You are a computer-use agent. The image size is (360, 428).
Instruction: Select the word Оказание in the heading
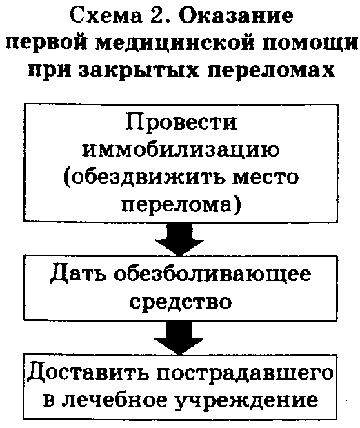[236, 16]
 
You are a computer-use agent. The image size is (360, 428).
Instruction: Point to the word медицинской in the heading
[177, 43]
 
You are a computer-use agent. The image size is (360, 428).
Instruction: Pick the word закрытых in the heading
[139, 70]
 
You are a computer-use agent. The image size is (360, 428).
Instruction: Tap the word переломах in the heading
[270, 71]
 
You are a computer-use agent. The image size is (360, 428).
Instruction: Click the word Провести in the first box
[181, 122]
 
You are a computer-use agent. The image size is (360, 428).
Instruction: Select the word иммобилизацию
[181, 150]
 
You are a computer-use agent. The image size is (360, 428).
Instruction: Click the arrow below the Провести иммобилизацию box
[179, 239]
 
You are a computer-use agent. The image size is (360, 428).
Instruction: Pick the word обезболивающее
[212, 273]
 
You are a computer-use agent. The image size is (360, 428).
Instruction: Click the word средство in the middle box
[181, 302]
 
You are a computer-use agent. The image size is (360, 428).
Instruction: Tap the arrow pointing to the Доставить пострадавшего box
[179, 338]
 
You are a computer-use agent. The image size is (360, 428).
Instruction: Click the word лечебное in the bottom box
[115, 400]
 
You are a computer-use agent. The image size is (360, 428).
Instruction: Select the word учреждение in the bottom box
[246, 401]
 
